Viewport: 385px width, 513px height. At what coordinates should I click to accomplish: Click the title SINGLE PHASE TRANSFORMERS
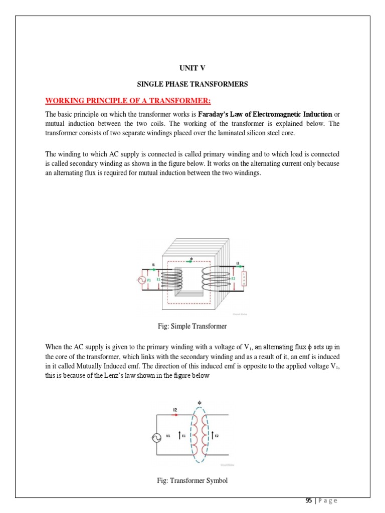[192, 85]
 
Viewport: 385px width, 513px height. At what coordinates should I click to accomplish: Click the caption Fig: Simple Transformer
[192, 326]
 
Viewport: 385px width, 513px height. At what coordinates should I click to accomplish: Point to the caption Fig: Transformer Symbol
[192, 480]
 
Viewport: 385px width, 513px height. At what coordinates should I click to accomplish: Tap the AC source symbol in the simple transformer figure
[141, 281]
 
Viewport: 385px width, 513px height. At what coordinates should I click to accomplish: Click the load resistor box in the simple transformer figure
[244, 279]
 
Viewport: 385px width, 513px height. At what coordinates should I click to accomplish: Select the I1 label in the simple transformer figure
[153, 264]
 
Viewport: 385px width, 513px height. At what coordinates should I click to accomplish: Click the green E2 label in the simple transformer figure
[233, 279]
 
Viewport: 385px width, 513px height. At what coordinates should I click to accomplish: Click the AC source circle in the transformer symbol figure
[156, 437]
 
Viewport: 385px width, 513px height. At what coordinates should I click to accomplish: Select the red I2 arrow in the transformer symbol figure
[175, 415]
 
